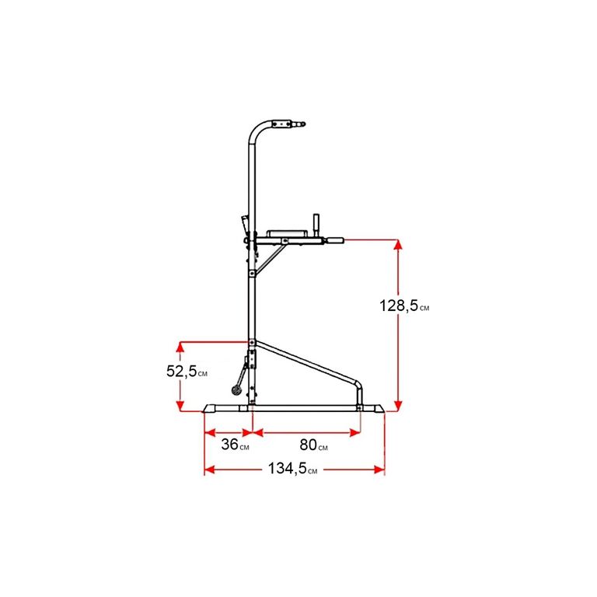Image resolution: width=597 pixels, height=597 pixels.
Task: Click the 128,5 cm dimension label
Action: tap(404, 305)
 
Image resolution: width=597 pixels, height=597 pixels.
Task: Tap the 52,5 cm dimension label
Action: tap(187, 371)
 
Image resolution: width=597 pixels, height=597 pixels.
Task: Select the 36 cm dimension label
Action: tap(235, 445)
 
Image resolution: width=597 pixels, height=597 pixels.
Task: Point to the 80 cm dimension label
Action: tap(313, 445)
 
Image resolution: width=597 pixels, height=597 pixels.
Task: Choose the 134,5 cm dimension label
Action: tap(292, 468)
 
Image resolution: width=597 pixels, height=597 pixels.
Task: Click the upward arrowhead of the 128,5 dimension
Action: tap(398, 244)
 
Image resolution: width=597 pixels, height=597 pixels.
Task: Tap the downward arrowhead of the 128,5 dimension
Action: tap(398, 407)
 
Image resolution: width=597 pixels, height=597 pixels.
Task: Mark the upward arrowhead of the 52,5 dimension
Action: tap(180, 347)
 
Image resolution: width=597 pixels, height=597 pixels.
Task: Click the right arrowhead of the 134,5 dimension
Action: tap(379, 470)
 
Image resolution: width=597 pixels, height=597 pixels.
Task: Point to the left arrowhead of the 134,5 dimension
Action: tap(210, 470)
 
